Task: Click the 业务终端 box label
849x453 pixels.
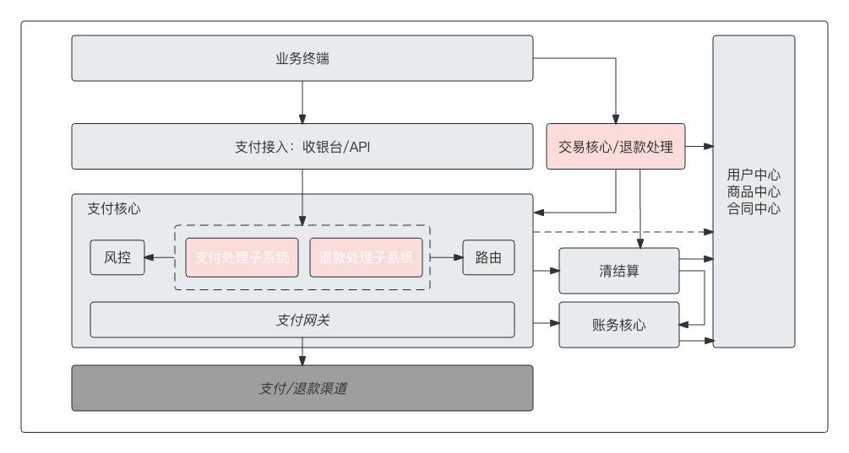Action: click(x=302, y=58)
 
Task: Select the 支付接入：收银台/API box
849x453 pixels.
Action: click(x=302, y=146)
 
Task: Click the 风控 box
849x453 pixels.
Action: click(x=116, y=258)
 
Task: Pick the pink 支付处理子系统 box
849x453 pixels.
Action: click(x=242, y=258)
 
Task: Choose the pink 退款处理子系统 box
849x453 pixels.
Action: click(x=367, y=258)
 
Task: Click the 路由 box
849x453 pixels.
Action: click(x=488, y=258)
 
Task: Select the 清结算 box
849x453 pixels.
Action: click(x=619, y=272)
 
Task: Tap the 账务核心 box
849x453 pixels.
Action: click(x=619, y=324)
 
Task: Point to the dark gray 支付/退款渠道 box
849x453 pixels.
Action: click(x=302, y=388)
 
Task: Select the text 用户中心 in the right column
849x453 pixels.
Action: click(x=754, y=175)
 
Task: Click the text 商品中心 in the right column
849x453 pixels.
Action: click(x=754, y=191)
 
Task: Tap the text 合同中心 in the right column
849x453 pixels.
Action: click(x=754, y=208)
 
